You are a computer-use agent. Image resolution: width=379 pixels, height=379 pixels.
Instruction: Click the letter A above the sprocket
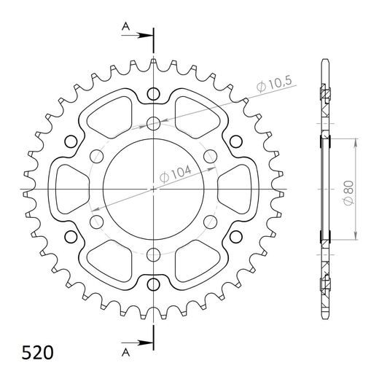click(125, 27)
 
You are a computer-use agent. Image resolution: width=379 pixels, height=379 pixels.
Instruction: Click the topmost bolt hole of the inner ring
click(154, 122)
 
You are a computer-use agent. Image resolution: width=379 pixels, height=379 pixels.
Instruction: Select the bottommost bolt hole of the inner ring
click(154, 254)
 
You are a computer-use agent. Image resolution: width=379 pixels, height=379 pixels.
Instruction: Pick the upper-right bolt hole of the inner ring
click(211, 155)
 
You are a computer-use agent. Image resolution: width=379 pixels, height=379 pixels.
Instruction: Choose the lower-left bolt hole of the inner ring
click(97, 221)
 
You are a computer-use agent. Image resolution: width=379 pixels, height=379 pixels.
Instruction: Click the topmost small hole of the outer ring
click(154, 93)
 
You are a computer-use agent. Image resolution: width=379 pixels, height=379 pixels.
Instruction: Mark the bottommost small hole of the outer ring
click(154, 283)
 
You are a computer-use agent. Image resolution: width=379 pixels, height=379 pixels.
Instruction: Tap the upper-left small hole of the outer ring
click(71, 141)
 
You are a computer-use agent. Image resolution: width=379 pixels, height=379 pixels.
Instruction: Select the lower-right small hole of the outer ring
click(236, 235)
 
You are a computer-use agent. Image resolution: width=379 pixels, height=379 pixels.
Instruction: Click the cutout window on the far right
click(238, 188)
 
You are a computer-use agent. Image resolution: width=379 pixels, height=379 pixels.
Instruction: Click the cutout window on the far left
click(69, 188)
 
